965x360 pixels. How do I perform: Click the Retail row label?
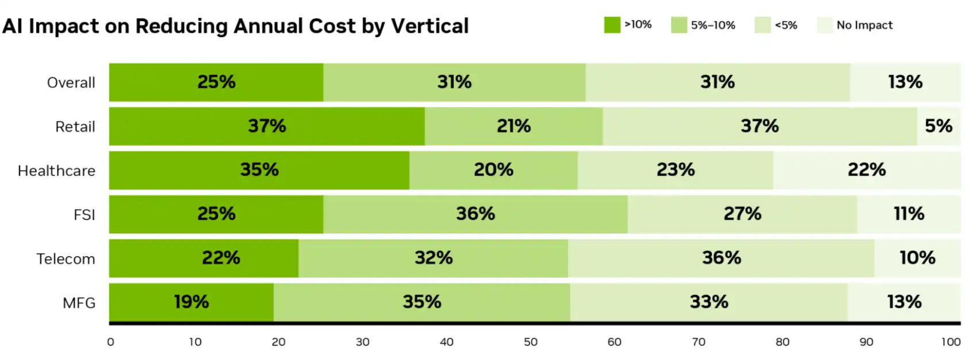pos(75,126)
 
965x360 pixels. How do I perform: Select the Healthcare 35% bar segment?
pos(259,170)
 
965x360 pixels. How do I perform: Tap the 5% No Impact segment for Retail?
pos(938,126)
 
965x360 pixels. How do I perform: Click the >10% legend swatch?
pos(612,25)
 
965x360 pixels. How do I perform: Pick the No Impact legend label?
pos(864,25)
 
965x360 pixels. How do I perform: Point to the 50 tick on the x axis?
pos(530,342)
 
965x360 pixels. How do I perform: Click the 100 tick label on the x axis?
pos(951,342)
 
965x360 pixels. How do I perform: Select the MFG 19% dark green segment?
pos(191,302)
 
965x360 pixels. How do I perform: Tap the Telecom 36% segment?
pos(721,258)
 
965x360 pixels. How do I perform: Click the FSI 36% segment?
pos(475,214)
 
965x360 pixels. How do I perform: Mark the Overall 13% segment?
pos(905,82)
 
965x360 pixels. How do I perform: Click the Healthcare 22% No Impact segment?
pos(866,170)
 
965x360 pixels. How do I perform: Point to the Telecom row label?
pos(65,259)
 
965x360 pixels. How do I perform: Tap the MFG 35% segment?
pos(422,302)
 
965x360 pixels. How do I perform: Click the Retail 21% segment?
pos(514,126)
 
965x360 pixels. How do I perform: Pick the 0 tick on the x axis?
pos(111,342)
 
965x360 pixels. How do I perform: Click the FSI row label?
pos(84,215)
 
